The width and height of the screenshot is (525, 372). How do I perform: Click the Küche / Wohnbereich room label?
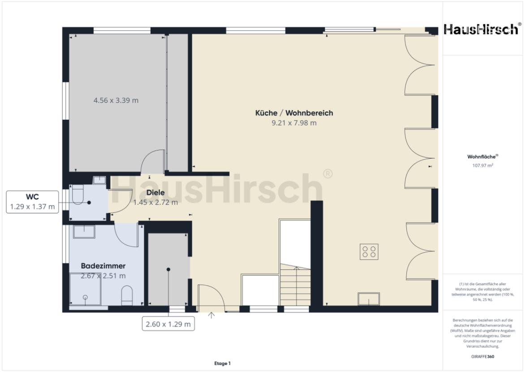294,113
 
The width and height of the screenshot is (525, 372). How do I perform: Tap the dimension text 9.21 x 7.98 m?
294,123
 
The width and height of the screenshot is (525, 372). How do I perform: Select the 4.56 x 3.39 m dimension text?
116,100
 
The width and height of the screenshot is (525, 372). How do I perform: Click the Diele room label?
155,193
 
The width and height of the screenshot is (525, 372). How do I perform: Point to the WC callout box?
33,202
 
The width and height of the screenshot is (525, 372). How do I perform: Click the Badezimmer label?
103,266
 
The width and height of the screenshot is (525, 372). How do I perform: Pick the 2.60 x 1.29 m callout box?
168,324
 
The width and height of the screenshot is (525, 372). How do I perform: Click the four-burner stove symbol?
370,251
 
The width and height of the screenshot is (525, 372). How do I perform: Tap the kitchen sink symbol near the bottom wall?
369,299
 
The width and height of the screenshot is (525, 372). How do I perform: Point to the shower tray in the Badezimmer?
85,290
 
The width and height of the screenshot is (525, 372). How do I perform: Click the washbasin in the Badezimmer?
83,232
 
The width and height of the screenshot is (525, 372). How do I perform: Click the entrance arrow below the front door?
211,316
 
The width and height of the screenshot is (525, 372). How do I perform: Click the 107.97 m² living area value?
483,165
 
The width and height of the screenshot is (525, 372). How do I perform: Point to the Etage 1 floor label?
222,363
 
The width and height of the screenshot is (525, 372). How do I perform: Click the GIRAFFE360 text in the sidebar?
483,357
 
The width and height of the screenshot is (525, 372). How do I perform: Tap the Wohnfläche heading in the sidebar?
482,157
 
